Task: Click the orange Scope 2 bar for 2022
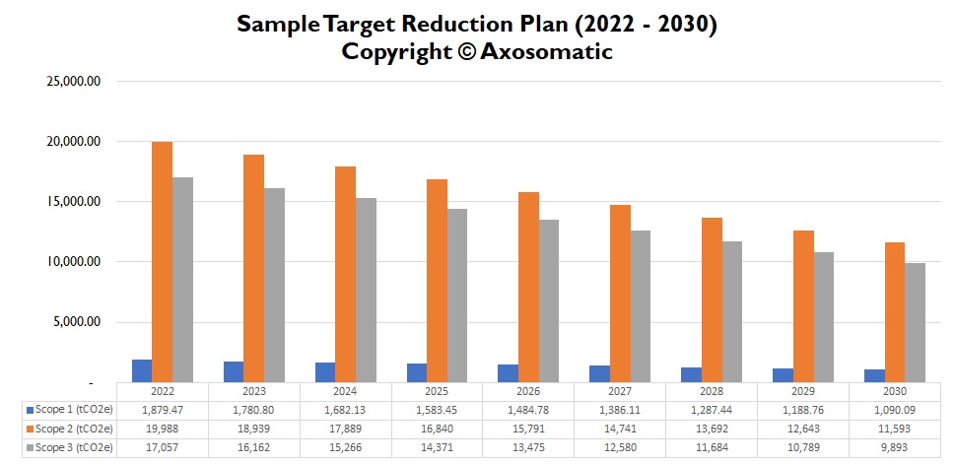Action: tap(162, 262)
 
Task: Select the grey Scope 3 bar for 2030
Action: tap(916, 323)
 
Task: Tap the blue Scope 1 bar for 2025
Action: tap(417, 373)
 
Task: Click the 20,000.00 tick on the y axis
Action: tap(75, 142)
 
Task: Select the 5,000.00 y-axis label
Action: tap(79, 322)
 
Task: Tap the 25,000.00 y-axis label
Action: tap(75, 82)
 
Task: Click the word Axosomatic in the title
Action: tap(546, 52)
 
